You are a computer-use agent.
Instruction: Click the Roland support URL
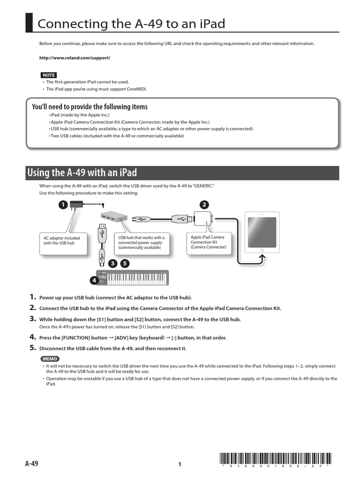click(x=74, y=58)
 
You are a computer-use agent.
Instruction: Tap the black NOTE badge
click(x=48, y=75)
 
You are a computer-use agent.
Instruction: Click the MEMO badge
click(x=50, y=359)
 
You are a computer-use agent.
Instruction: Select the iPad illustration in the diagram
click(x=262, y=230)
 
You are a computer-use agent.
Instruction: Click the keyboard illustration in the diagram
click(x=132, y=278)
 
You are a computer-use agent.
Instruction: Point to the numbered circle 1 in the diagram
click(x=62, y=204)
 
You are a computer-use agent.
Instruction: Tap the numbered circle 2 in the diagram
click(x=204, y=204)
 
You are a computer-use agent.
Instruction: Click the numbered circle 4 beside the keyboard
click(x=94, y=281)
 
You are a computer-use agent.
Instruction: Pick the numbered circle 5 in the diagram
click(x=124, y=263)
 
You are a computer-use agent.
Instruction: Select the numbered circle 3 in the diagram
click(x=112, y=263)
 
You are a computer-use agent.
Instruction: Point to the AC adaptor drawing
click(x=76, y=205)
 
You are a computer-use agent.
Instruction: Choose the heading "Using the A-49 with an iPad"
click(x=82, y=172)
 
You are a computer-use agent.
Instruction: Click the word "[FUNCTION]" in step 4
click(x=78, y=337)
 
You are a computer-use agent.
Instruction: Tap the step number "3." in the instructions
click(x=33, y=319)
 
